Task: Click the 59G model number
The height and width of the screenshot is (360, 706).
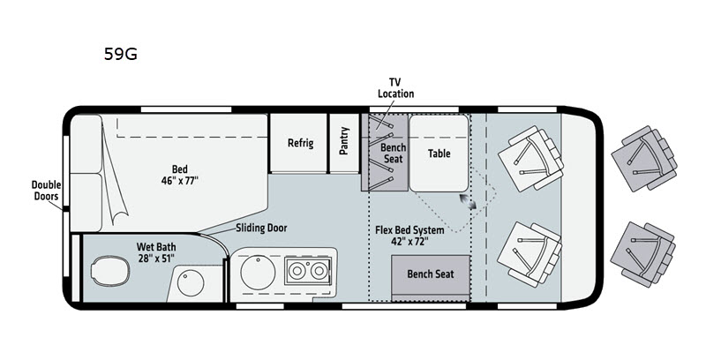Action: coord(121,54)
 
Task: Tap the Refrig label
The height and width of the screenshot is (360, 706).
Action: coord(300,143)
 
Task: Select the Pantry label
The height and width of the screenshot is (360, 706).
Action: coord(344,141)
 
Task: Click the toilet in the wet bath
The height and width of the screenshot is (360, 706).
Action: coord(109,270)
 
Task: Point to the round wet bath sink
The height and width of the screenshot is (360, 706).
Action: coord(191,283)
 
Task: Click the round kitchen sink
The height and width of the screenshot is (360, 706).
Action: coord(258,273)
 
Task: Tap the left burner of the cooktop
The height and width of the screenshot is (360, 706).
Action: coord(297,271)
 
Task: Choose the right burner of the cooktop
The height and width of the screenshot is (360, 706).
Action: coord(319,271)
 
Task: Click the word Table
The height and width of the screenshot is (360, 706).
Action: coord(439,154)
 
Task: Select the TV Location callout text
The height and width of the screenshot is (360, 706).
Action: coord(395,87)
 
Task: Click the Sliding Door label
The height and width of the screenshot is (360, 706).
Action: coord(261,228)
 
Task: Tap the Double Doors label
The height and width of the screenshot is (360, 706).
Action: coord(46,191)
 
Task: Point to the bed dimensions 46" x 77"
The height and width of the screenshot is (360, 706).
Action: coord(180,181)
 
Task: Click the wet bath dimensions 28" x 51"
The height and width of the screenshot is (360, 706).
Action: coord(156,259)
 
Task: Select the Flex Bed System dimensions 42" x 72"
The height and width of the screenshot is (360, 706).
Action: coord(409,241)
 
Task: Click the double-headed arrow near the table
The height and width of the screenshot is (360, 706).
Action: coord(469,201)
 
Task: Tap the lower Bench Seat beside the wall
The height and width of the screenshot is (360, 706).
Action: coord(431,274)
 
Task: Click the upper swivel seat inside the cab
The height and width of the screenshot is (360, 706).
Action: coord(531,159)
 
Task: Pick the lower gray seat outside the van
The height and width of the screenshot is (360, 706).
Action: coord(643,254)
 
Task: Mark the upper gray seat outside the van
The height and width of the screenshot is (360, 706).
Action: coord(644,159)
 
